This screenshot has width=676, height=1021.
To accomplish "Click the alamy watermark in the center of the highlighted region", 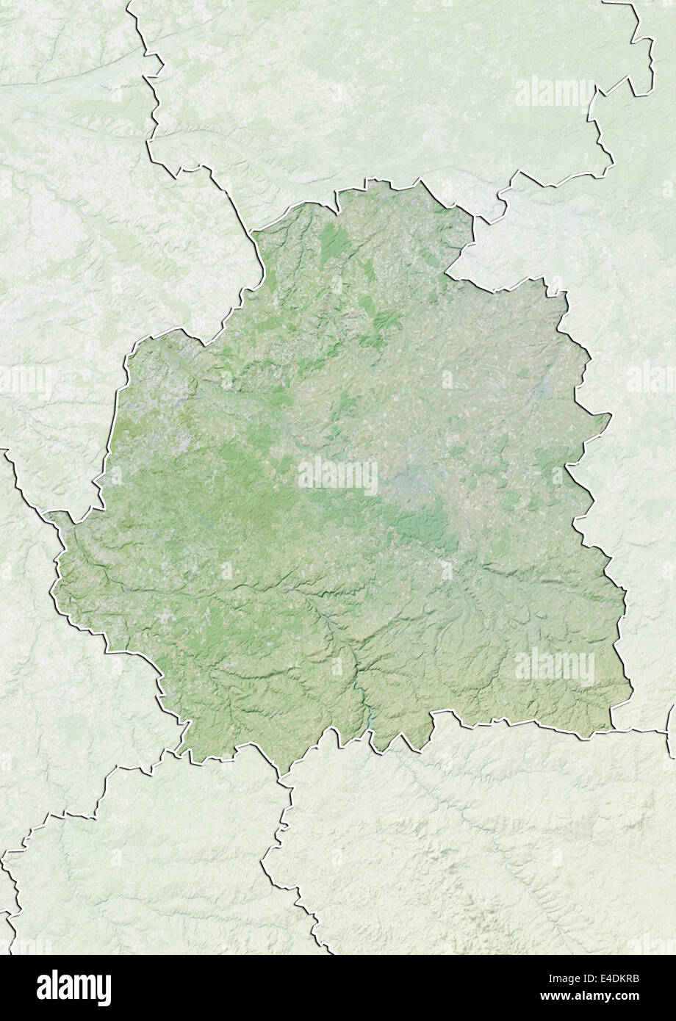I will (x=338, y=475).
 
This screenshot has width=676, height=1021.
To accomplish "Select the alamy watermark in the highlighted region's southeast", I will (x=554, y=667).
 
